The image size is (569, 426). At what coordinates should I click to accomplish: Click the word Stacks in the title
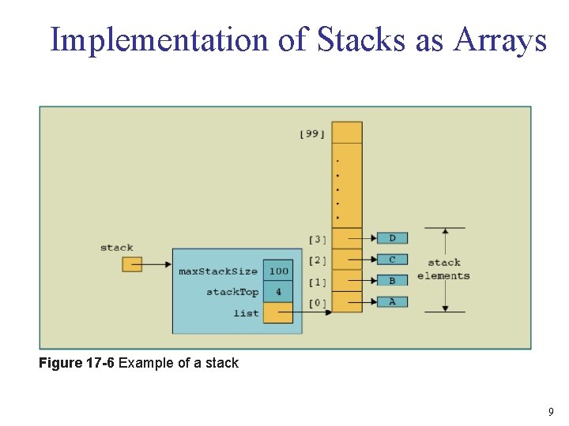coord(360,39)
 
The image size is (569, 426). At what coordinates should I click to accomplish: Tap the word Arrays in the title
coord(499,41)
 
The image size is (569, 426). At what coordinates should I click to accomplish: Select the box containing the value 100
coord(278,271)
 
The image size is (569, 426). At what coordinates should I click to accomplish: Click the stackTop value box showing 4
coord(278,292)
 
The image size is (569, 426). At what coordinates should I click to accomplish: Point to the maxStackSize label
coord(218,271)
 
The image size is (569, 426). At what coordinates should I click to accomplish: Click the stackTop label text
coord(232,292)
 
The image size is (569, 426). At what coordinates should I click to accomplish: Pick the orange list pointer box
coord(278,312)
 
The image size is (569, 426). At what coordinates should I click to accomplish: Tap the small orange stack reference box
coord(132,264)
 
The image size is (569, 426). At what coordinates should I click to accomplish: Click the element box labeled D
coord(392,238)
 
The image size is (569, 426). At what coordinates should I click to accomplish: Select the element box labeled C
coord(392,260)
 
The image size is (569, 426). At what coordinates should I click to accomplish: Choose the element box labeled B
coord(392,280)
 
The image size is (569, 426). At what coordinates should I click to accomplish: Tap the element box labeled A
coord(392,301)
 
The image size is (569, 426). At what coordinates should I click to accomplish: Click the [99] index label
coord(312,134)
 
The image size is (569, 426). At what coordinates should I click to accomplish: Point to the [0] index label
coord(318,303)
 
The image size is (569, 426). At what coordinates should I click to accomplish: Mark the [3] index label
coord(318,240)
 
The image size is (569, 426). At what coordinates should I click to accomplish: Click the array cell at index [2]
coord(347,260)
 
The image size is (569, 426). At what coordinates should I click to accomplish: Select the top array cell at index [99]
coord(347,133)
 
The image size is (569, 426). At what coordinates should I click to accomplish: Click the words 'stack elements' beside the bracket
coord(443,269)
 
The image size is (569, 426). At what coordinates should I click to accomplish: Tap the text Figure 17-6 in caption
coord(77,363)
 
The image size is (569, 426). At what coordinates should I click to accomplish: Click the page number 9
coord(551,412)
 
